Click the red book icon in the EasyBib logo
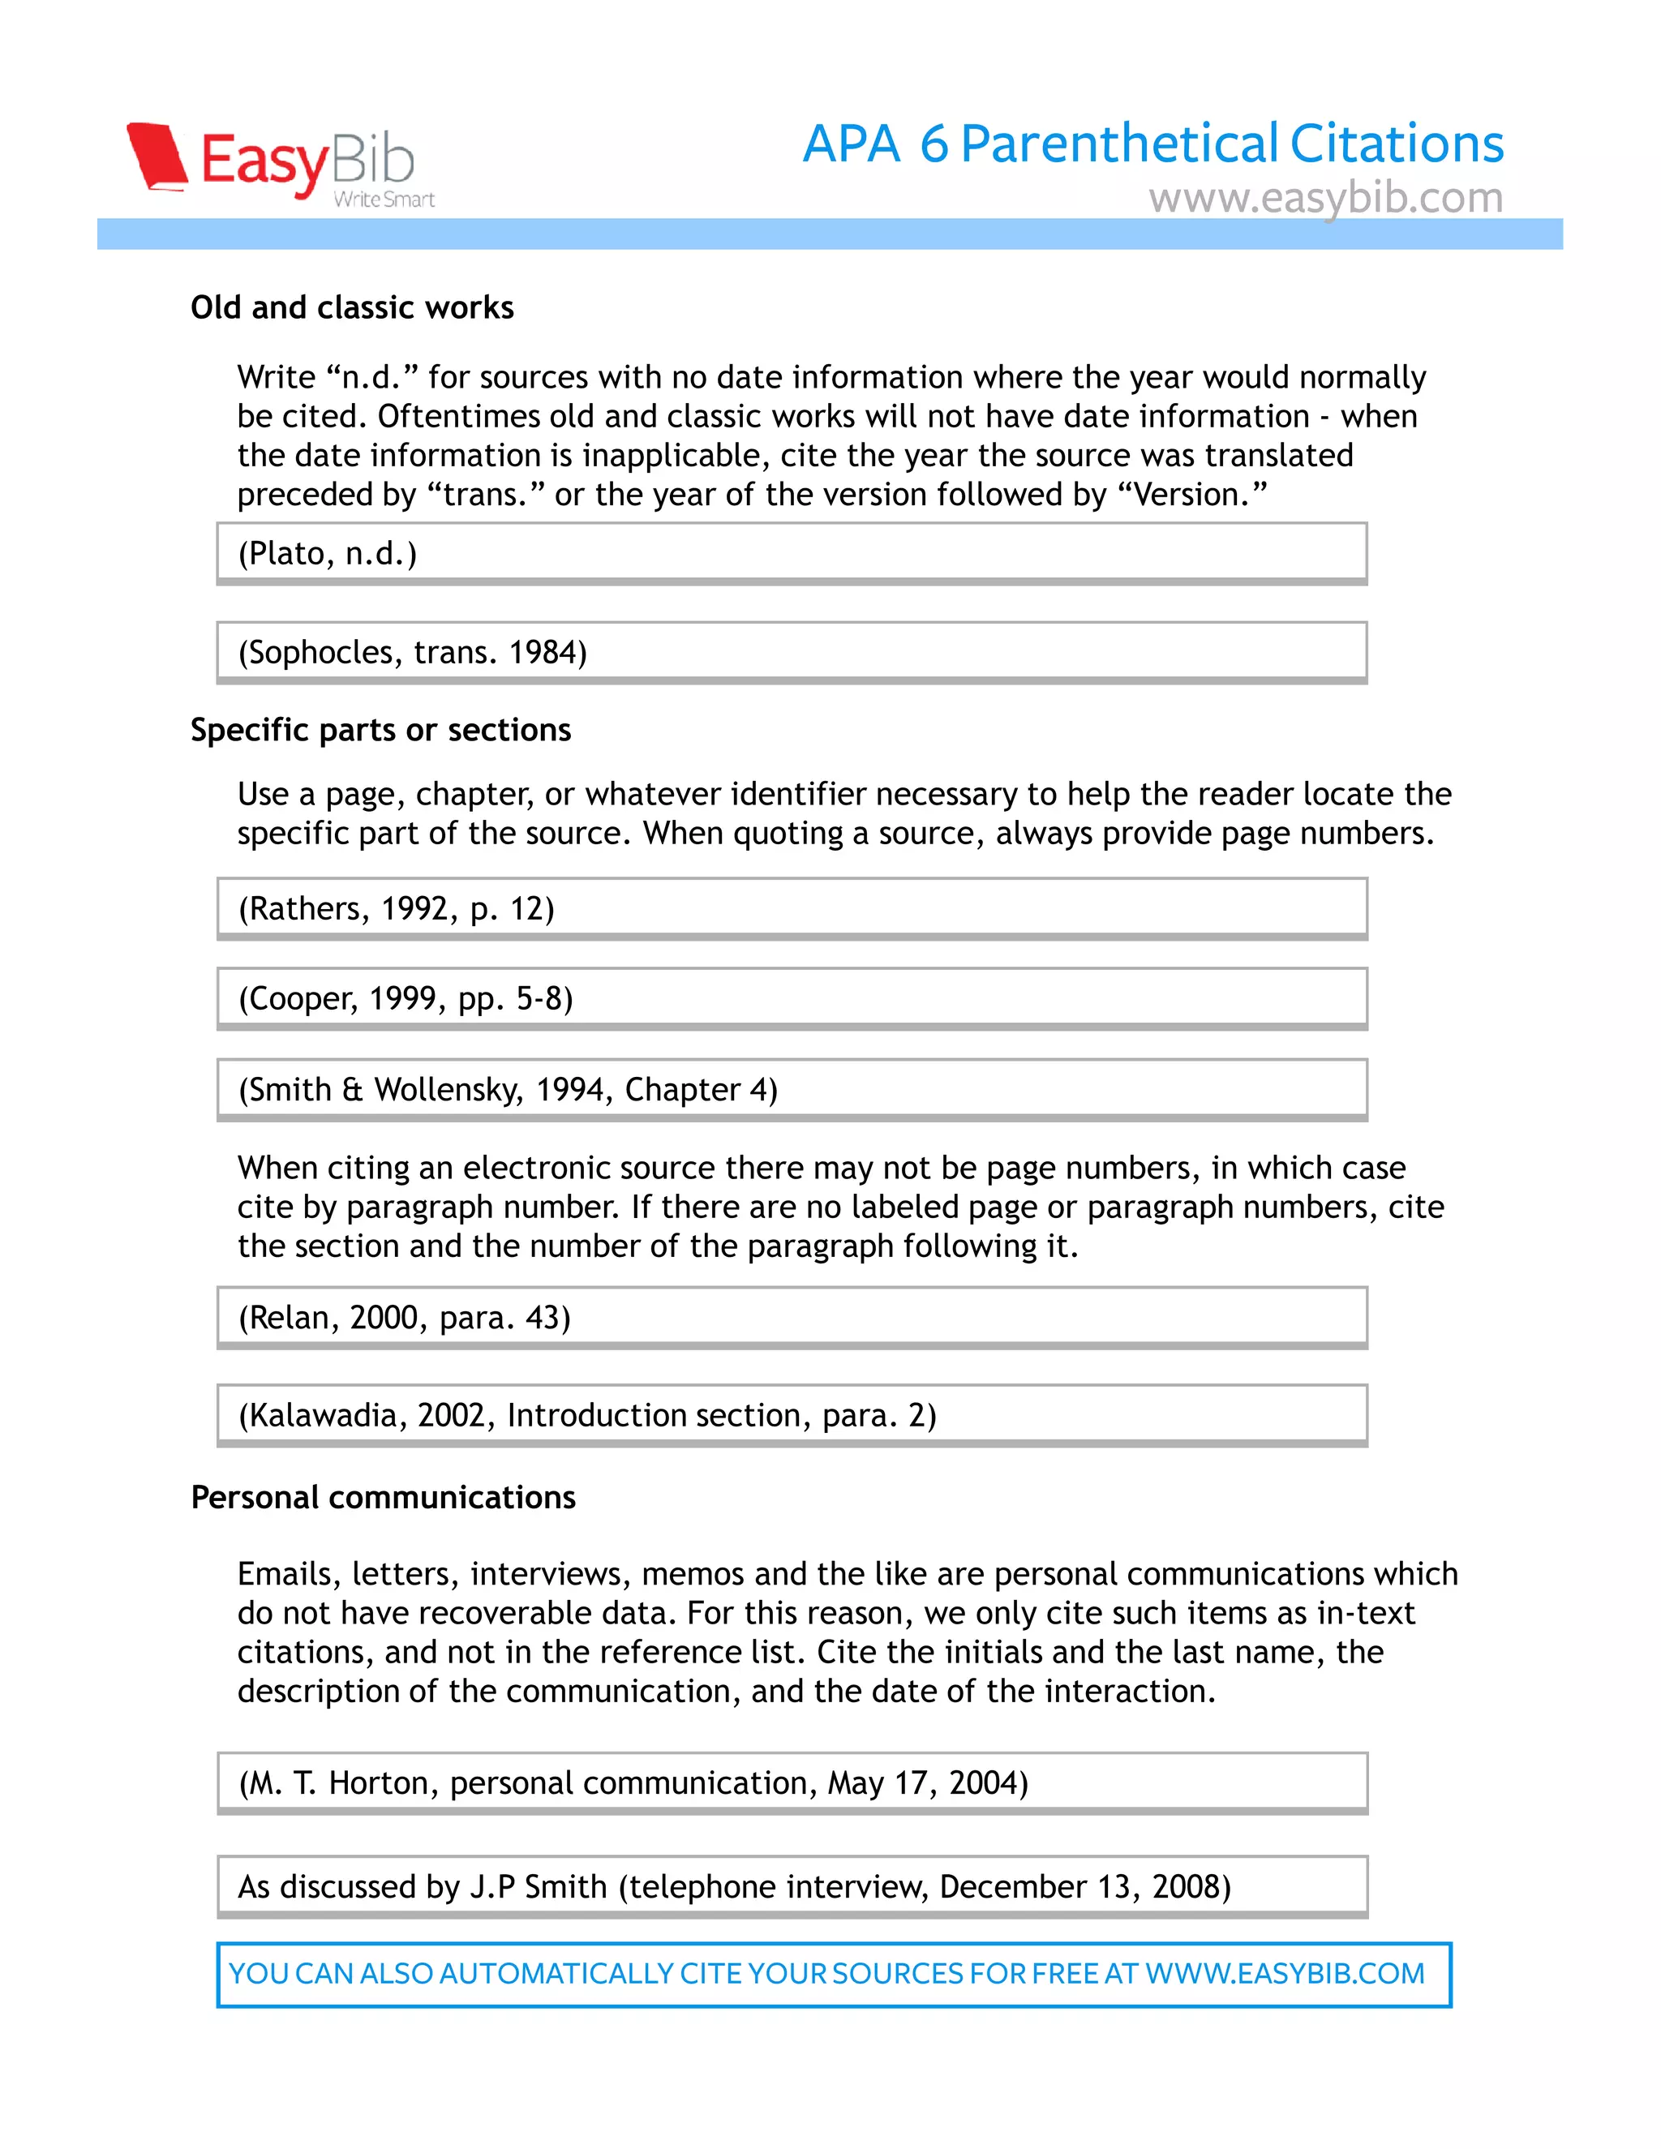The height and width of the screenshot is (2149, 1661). point(157,156)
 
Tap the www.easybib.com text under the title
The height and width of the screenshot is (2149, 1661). point(1324,198)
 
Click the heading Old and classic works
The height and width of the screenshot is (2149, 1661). point(351,307)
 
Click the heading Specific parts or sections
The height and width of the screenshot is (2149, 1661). point(380,729)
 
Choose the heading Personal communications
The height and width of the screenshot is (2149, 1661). point(383,1497)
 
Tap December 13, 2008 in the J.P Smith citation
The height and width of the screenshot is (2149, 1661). point(1084,1886)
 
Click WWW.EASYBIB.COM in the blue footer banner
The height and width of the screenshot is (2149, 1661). point(1284,1973)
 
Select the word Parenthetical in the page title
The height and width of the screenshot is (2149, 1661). point(1120,144)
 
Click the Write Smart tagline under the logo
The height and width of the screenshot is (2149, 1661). point(384,199)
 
